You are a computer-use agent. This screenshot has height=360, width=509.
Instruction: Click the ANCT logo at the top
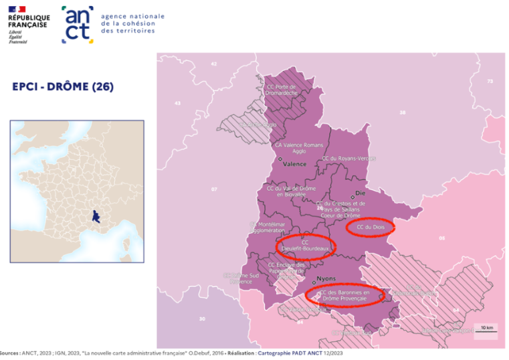point(78,25)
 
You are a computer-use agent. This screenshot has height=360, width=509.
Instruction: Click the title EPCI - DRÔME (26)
point(63,86)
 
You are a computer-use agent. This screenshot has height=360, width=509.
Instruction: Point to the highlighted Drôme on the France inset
point(96,215)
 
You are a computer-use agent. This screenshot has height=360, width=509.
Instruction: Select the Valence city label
point(294,164)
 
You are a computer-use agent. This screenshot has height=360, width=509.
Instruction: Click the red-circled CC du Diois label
point(371,227)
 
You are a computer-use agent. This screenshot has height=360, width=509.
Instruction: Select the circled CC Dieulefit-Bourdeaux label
point(306,245)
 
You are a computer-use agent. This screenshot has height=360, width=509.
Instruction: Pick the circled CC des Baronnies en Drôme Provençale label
point(344,295)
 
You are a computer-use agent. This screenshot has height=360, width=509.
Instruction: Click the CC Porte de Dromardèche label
point(282,90)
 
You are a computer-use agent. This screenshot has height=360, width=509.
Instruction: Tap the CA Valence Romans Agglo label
point(299,148)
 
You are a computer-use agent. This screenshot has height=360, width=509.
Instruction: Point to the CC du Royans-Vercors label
point(349,159)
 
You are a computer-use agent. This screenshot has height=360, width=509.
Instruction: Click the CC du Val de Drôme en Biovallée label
point(291,191)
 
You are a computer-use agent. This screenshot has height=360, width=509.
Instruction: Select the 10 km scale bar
point(486,330)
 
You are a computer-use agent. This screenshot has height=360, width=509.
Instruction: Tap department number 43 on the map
point(177,104)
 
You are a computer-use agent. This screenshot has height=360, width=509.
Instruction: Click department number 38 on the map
point(402,112)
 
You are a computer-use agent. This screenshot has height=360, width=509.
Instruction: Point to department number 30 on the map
point(202,319)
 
